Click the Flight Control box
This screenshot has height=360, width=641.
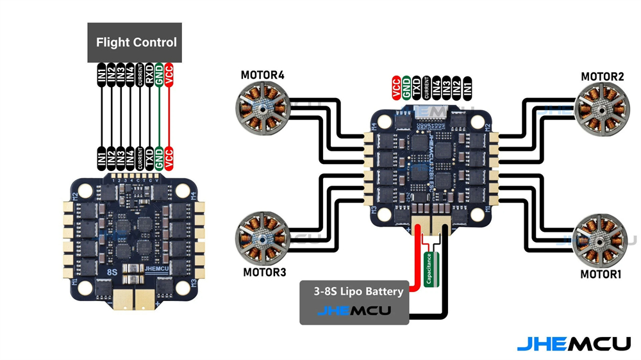[x=135, y=43]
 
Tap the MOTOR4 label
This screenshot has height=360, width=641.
[x=262, y=76]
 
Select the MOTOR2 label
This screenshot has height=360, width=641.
[x=602, y=77]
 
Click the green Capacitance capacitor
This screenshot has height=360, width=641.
[x=431, y=268]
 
